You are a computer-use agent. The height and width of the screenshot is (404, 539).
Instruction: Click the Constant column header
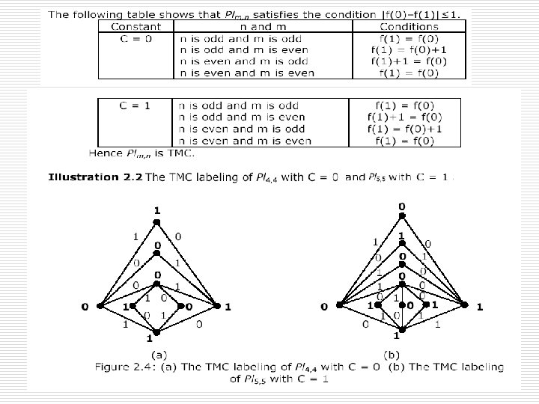135,26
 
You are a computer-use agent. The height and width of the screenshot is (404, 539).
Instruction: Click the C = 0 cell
135,38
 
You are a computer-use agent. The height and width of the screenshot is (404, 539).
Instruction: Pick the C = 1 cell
135,105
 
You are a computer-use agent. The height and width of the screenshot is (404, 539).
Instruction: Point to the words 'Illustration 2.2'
94,177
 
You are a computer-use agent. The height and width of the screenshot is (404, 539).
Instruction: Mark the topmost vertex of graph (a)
157,221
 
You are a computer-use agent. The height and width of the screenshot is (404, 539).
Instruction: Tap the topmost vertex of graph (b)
402,215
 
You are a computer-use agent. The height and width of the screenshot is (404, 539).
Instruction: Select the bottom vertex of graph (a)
157,330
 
